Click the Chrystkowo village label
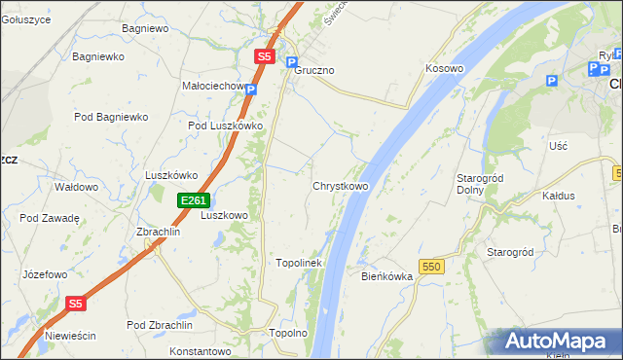tap(340, 186)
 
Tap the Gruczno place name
tap(314, 71)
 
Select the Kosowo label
tap(444, 69)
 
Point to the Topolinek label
tap(299, 263)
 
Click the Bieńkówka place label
tap(387, 276)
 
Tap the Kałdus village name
tap(559, 196)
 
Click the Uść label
tap(558, 145)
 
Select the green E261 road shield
tap(193, 200)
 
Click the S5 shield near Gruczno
tap(265, 57)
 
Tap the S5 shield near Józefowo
tap(77, 304)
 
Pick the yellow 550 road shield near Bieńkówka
tap(432, 265)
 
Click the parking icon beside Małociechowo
tap(251, 90)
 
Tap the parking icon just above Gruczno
tap(290, 60)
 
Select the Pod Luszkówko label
tap(226, 126)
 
